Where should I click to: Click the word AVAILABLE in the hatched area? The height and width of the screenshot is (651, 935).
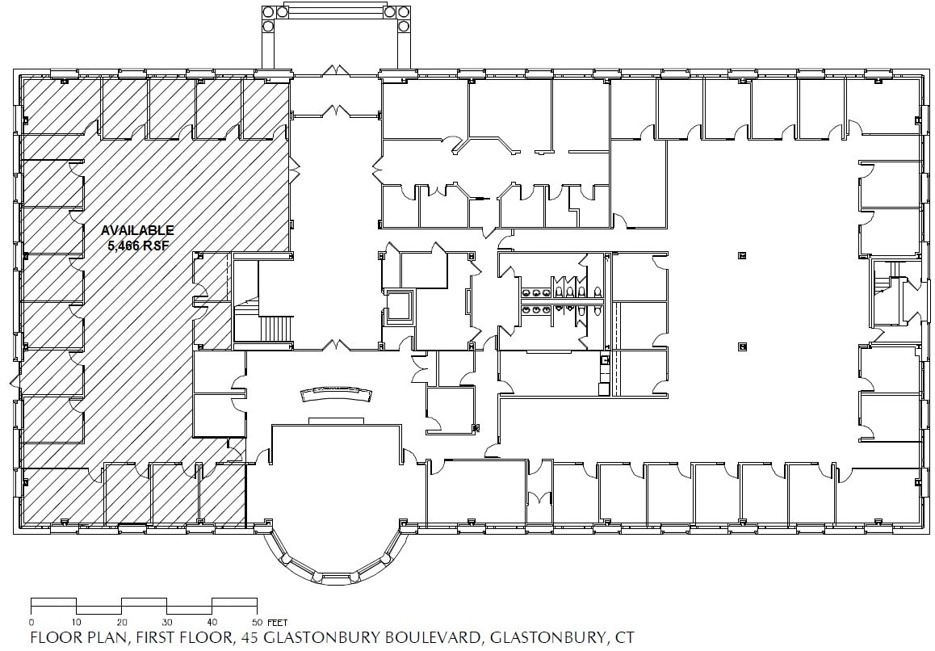pyautogui.click(x=137, y=230)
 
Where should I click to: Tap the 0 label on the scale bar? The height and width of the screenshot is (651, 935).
pyautogui.click(x=31, y=622)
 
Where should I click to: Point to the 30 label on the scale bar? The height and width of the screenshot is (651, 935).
pyautogui.click(x=167, y=622)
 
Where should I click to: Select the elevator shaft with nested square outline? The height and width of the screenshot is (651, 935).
pyautogui.click(x=400, y=307)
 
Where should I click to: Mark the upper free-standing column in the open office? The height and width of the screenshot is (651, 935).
pyautogui.click(x=741, y=256)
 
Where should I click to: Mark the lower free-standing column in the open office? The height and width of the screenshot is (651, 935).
pyautogui.click(x=741, y=347)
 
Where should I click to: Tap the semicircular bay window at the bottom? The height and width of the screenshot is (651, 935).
pyautogui.click(x=336, y=557)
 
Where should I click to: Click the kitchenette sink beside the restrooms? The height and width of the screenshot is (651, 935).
pyautogui.click(x=604, y=362)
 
